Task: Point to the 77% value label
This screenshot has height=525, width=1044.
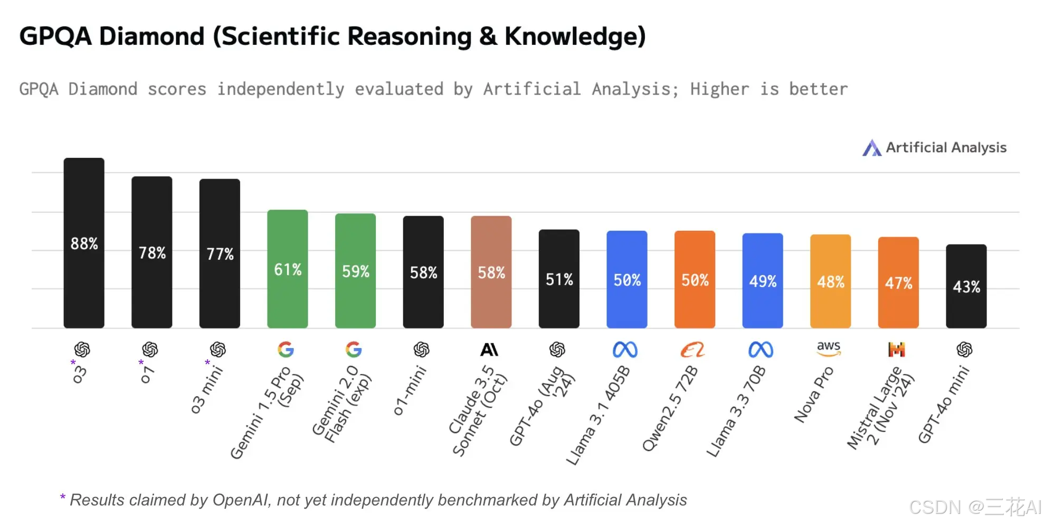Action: [x=220, y=254]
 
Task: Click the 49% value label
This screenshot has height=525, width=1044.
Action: [x=763, y=282]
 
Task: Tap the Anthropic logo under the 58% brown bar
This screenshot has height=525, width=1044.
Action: [x=489, y=350]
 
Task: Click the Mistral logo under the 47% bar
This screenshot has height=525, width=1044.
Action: [x=896, y=349]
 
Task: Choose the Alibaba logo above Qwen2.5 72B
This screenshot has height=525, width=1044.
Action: [x=692, y=350]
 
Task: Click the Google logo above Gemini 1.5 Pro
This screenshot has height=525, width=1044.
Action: [x=286, y=349]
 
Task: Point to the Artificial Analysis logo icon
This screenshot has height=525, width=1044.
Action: [x=871, y=148]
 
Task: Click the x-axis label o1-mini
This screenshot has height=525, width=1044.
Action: [x=410, y=391]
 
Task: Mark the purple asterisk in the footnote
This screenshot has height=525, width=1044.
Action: [x=62, y=497]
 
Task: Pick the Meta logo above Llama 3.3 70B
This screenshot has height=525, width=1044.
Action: [x=761, y=350]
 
